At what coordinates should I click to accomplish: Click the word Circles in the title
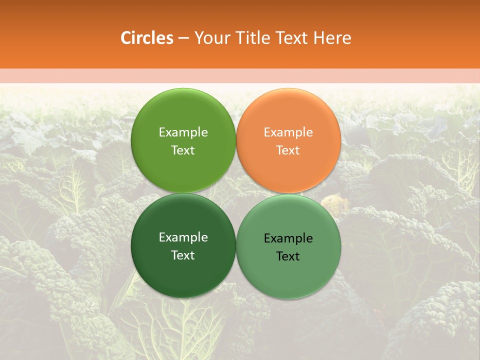(146, 38)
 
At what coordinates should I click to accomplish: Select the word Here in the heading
(332, 38)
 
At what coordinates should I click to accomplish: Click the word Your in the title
(210, 38)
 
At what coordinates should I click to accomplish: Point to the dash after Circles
(183, 38)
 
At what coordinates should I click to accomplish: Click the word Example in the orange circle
(288, 132)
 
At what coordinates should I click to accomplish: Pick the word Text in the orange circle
(288, 150)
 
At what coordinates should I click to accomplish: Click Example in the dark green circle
(183, 237)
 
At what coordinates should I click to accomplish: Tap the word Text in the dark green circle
(183, 255)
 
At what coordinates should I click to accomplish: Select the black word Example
(288, 238)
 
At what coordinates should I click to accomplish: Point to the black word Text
(288, 256)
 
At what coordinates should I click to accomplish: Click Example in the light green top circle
(183, 132)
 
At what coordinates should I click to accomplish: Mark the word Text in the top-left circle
(183, 150)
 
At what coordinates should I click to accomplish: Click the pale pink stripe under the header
(240, 75)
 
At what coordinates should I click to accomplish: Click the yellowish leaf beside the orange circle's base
(330, 202)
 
